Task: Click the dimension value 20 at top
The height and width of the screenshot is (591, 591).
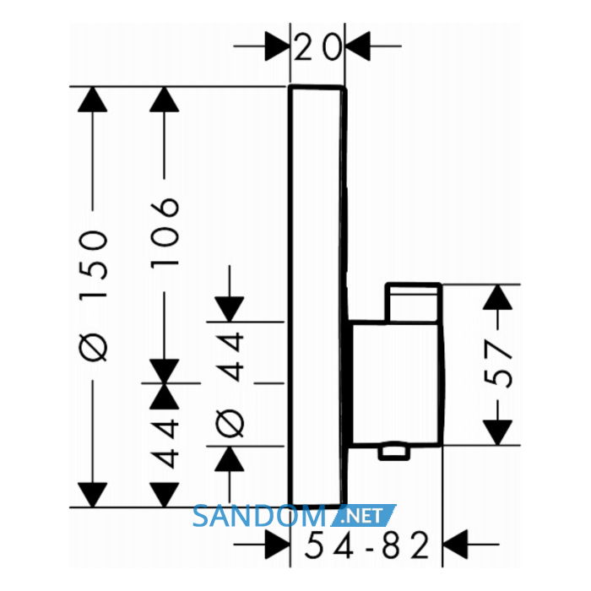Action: [x=317, y=46]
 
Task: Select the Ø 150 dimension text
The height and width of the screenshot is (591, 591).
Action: [x=93, y=295]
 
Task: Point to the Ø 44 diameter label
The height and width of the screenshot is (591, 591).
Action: [x=230, y=385]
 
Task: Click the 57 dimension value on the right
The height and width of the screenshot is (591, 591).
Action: [x=497, y=364]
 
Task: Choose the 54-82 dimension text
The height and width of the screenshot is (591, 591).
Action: [x=366, y=545]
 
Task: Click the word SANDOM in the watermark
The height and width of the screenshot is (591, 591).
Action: [x=259, y=517]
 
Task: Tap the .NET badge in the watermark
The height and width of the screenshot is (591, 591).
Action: [x=363, y=516]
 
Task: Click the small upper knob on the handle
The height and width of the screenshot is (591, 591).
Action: [x=414, y=302]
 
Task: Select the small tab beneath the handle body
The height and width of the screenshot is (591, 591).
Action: [x=394, y=452]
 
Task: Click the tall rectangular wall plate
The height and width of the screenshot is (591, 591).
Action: [x=317, y=296]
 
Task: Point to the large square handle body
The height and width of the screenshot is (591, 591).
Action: [x=395, y=383]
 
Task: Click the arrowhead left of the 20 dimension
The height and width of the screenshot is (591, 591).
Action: [x=277, y=46]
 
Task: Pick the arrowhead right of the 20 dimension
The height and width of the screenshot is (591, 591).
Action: [x=358, y=46]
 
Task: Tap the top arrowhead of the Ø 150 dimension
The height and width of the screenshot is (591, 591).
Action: [x=93, y=100]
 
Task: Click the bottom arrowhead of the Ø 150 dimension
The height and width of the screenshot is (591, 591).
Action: [x=93, y=495]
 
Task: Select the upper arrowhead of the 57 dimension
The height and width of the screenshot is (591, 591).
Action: [x=497, y=297]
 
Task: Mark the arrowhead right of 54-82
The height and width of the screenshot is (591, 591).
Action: [x=455, y=545]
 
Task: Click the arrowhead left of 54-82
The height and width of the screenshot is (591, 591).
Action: [x=277, y=545]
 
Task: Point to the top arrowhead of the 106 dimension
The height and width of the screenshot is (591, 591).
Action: [x=165, y=100]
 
